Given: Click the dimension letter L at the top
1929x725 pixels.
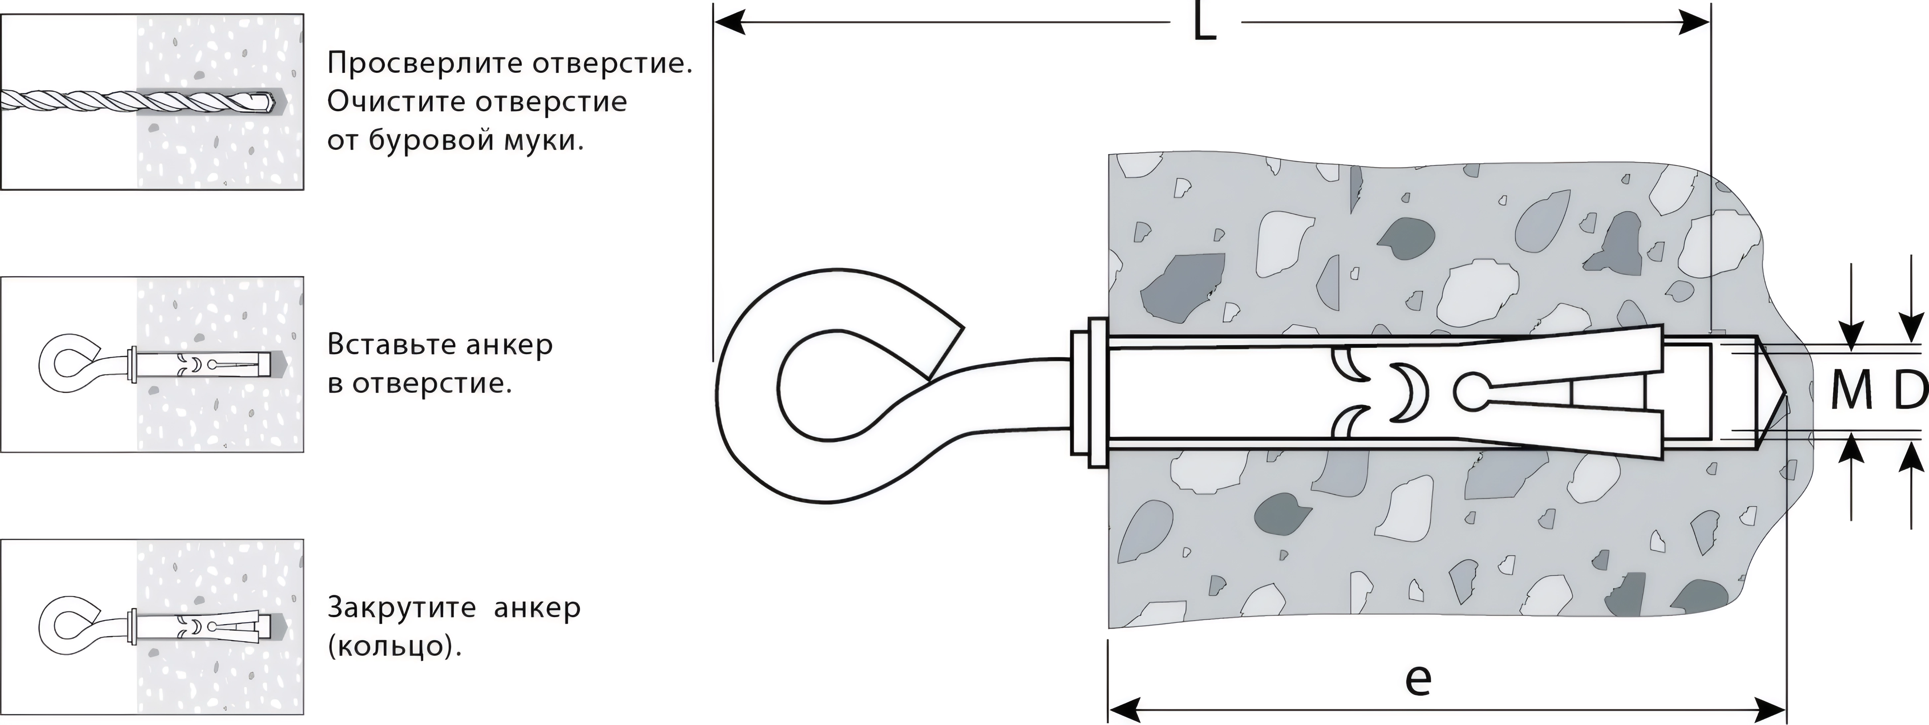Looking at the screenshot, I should (1204, 24).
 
